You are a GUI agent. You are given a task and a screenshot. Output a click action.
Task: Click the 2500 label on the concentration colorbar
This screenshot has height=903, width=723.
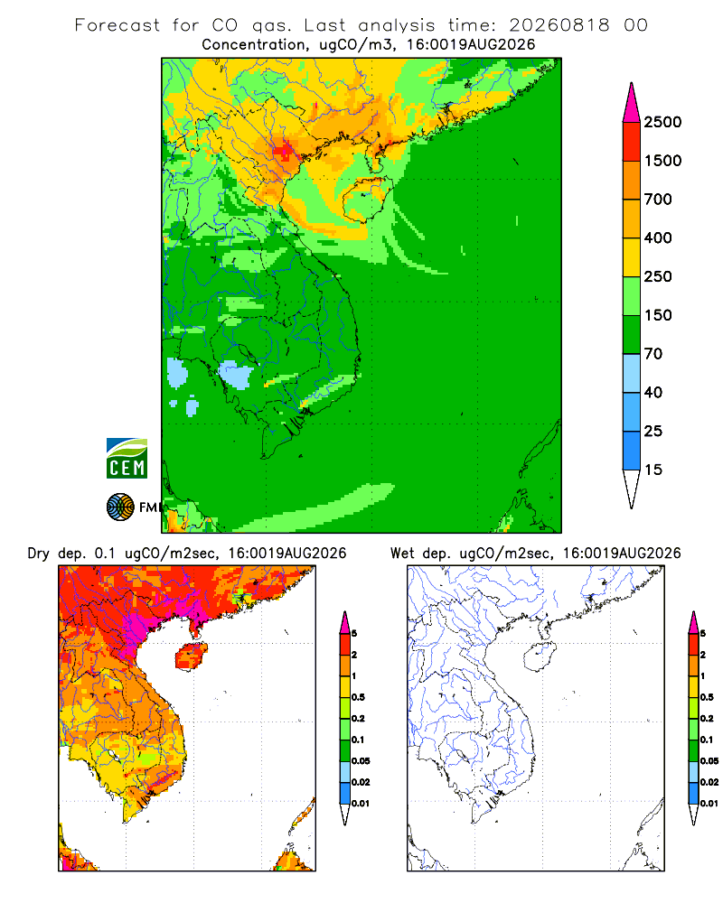tap(662, 122)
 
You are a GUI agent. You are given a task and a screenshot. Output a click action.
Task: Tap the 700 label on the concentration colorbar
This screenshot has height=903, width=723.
tap(658, 200)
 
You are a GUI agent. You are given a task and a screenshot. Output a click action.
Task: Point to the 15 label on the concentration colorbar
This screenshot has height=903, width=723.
tap(653, 470)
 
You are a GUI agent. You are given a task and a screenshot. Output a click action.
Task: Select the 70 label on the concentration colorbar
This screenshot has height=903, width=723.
tap(653, 354)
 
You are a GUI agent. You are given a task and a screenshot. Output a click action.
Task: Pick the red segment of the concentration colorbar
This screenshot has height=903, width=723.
tap(632, 142)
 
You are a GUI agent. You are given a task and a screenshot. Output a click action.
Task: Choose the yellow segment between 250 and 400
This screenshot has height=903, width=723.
tap(632, 257)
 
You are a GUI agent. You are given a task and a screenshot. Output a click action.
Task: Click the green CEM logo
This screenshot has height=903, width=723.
tap(127, 459)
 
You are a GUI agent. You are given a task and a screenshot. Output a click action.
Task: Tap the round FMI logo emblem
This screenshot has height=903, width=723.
tap(120, 507)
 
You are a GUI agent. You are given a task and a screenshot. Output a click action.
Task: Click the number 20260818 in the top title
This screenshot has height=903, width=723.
tap(559, 25)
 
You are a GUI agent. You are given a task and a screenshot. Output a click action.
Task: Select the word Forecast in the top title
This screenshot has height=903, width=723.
tap(117, 25)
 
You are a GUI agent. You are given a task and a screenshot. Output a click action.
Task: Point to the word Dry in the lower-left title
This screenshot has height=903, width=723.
tap(39, 554)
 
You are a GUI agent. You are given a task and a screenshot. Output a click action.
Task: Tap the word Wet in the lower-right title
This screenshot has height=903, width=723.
tap(402, 554)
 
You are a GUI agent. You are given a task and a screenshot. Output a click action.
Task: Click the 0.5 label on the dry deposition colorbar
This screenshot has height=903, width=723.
tap(358, 697)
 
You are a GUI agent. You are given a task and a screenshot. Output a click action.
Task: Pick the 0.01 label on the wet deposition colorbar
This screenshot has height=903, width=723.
tap(709, 804)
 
